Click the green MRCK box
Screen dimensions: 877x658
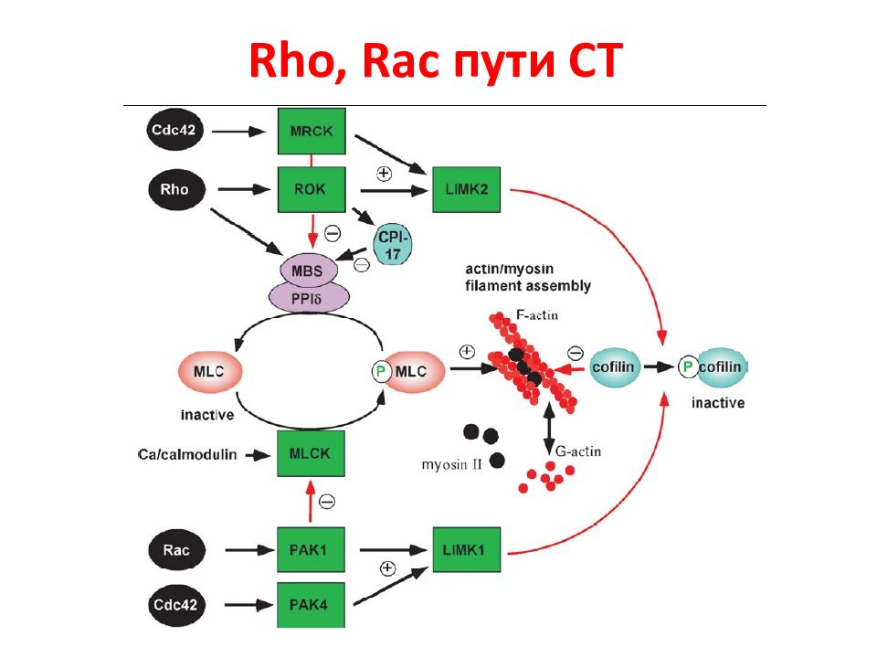pyautogui.click(x=312, y=132)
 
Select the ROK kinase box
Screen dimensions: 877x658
pyautogui.click(x=312, y=190)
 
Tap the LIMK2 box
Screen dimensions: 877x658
pyautogui.click(x=467, y=190)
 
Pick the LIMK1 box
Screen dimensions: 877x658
pyautogui.click(x=467, y=549)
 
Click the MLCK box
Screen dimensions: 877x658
pyautogui.click(x=311, y=454)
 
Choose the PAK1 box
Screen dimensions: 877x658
pyautogui.click(x=311, y=549)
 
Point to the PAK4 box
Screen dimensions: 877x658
pyautogui.click(x=311, y=605)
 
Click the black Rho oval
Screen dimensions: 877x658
pyautogui.click(x=176, y=190)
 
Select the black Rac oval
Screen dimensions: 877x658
pyautogui.click(x=176, y=550)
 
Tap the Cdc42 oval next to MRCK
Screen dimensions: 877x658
pyautogui.click(x=174, y=131)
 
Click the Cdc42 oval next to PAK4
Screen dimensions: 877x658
pyautogui.click(x=176, y=605)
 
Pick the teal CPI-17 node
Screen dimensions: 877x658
pyautogui.click(x=393, y=245)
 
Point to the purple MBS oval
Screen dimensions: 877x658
pyautogui.click(x=308, y=271)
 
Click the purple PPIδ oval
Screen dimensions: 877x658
pyautogui.click(x=309, y=298)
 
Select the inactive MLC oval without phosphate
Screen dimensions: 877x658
pyautogui.click(x=210, y=372)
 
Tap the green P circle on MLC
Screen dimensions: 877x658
pyautogui.click(x=382, y=371)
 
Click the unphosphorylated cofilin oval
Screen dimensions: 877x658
pyautogui.click(x=615, y=367)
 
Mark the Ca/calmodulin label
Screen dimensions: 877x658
pyautogui.click(x=187, y=455)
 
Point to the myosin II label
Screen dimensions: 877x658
pyautogui.click(x=452, y=464)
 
